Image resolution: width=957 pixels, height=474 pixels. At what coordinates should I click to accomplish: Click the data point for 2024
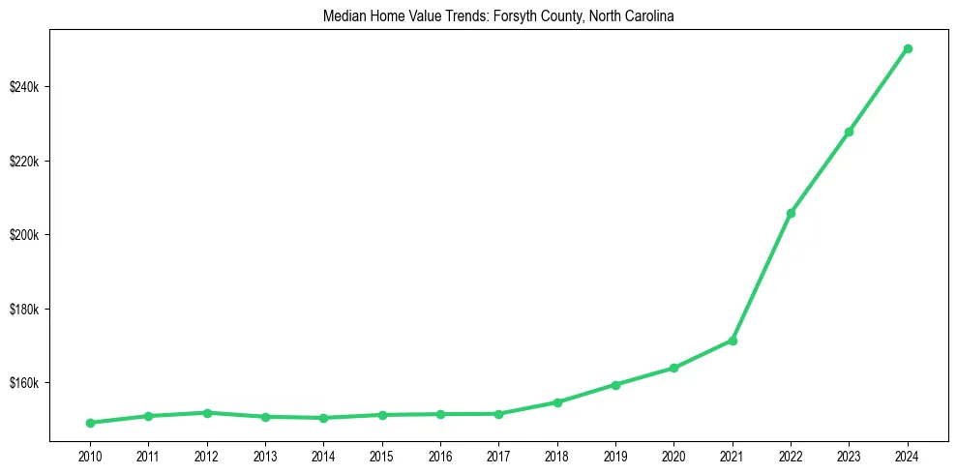[908, 48]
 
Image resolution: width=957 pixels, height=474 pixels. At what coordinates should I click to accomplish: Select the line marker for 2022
[791, 213]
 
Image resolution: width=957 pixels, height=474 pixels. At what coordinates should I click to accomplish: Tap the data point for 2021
[733, 341]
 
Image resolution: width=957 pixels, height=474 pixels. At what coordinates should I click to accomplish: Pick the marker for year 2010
[90, 423]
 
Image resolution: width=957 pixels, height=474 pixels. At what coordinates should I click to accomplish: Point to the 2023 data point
[849, 132]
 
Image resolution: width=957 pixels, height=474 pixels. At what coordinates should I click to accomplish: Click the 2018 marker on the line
[557, 402]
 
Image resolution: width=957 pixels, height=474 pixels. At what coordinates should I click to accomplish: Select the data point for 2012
[207, 413]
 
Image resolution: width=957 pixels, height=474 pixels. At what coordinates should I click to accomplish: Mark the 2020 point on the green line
[673, 368]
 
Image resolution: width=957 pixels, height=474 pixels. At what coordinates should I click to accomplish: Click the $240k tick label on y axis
[24, 87]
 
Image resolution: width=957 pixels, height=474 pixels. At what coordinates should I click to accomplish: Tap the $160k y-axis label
[24, 383]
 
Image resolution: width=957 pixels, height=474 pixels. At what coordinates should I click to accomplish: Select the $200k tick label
[24, 235]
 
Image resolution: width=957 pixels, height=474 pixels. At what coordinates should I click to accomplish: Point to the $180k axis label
[24, 310]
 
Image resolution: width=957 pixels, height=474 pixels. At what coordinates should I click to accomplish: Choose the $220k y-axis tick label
[24, 161]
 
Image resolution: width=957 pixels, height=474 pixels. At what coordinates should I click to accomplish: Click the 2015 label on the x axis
[382, 456]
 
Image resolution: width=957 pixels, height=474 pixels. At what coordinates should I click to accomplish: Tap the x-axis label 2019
[615, 456]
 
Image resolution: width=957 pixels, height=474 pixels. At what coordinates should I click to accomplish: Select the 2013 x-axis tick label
[265, 456]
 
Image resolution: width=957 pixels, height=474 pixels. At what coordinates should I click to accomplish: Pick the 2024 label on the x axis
[908, 456]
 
